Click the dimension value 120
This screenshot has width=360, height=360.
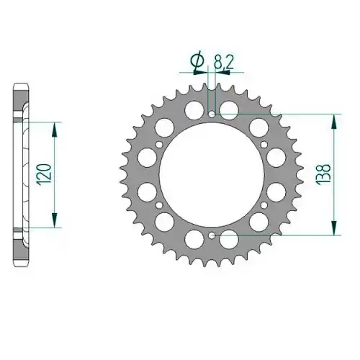click(x=44, y=174)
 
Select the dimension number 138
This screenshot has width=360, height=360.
click(x=323, y=174)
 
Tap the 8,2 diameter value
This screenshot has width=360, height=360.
click(x=223, y=63)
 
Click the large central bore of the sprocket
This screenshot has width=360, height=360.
click(x=212, y=175)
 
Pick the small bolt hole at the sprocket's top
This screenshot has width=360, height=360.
click(x=212, y=114)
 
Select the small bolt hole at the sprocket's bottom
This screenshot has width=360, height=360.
click(x=212, y=235)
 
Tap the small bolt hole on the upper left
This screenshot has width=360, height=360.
click(x=159, y=145)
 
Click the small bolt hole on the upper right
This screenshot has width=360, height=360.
click(x=264, y=145)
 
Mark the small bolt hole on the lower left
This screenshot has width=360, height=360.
click(x=159, y=205)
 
